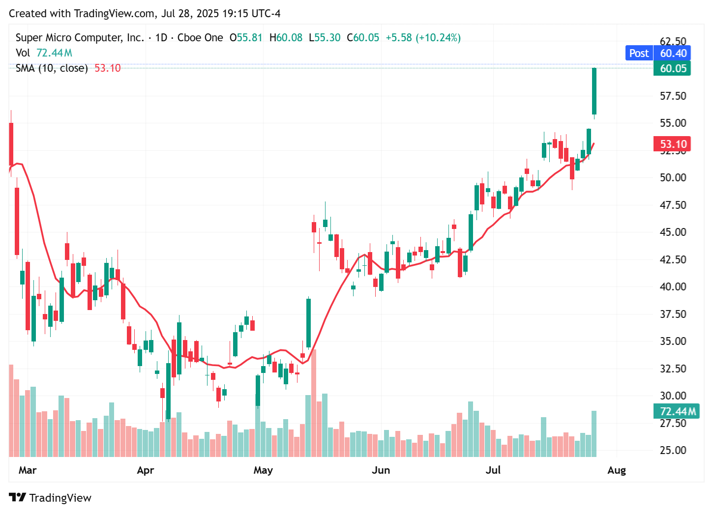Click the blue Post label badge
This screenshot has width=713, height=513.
(x=638, y=53)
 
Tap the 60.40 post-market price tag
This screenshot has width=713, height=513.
(x=673, y=53)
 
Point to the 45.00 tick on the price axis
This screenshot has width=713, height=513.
(x=673, y=232)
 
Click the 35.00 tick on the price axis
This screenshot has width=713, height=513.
(x=673, y=341)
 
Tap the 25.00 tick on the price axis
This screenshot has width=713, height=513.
(x=673, y=450)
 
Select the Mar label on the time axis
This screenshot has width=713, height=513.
(x=28, y=470)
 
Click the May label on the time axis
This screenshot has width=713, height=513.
(x=263, y=470)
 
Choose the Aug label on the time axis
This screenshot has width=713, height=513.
(x=617, y=470)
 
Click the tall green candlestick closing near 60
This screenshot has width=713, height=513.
(x=594, y=91)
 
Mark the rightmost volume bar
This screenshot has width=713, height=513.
(x=594, y=433)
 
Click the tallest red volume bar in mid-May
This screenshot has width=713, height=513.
(x=314, y=403)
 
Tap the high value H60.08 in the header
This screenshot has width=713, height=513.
(x=286, y=38)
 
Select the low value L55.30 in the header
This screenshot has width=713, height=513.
(x=325, y=38)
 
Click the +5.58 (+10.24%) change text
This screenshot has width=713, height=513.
(x=423, y=38)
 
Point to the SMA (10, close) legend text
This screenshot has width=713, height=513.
(x=52, y=68)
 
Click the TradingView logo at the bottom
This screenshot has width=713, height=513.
(x=50, y=498)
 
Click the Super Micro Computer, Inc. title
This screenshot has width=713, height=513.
(x=80, y=38)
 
